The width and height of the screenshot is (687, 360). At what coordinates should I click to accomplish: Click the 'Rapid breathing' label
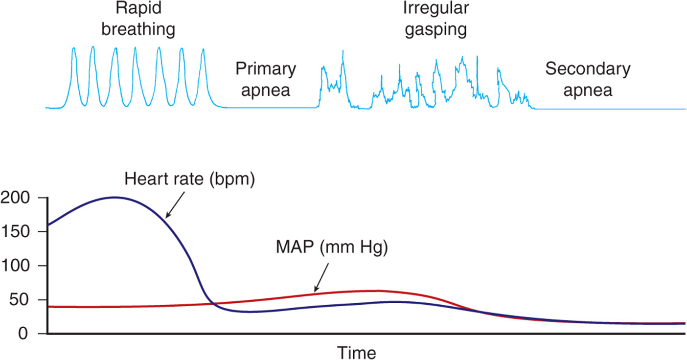(x=138, y=19)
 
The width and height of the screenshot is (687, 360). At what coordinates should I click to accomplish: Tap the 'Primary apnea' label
(x=266, y=79)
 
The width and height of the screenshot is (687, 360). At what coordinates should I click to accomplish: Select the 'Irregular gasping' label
(x=436, y=19)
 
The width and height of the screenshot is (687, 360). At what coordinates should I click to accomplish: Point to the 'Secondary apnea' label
(x=588, y=79)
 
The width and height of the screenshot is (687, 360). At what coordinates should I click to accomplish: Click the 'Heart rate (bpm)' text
(x=189, y=179)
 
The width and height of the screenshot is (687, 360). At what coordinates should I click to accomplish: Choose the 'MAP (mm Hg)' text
(x=332, y=247)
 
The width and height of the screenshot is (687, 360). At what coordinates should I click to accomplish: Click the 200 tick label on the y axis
(x=15, y=198)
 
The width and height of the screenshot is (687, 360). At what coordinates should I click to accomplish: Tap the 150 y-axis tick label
(x=15, y=231)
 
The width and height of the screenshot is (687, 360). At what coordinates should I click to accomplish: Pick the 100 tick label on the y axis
(x=15, y=266)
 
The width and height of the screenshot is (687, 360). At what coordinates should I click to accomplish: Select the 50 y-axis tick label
(x=20, y=299)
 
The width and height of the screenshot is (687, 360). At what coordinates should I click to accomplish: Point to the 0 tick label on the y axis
(x=23, y=334)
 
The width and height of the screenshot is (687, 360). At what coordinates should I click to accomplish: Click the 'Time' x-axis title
(x=356, y=353)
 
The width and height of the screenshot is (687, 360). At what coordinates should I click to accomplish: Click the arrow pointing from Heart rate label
(x=175, y=205)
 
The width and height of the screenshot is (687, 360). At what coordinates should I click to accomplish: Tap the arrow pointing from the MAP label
(x=321, y=277)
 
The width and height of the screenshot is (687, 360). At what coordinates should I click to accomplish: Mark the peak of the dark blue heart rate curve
(x=114, y=197)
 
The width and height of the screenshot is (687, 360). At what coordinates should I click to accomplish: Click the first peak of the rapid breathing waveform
(x=73, y=48)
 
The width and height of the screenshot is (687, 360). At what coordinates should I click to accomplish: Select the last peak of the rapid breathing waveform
(x=203, y=49)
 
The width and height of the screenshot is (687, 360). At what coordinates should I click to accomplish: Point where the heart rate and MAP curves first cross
(x=213, y=304)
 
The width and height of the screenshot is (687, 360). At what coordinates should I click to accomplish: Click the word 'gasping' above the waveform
(x=436, y=30)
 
